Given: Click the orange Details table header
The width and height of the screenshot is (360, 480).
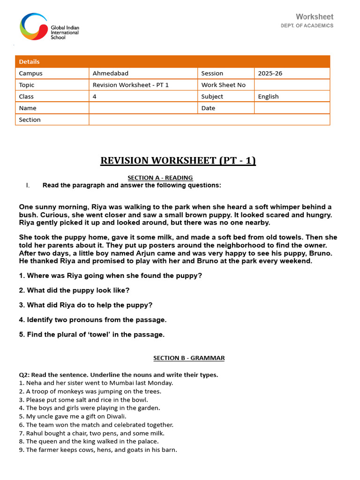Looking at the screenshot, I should [x=172, y=61].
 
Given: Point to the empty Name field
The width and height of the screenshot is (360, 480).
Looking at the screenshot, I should [x=143, y=108].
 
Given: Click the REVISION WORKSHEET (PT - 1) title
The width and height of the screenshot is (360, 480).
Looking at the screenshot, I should [x=178, y=161].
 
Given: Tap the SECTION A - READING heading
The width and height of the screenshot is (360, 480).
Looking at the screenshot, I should [x=160, y=178].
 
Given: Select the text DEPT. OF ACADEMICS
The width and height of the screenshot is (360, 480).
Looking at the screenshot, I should [x=307, y=25].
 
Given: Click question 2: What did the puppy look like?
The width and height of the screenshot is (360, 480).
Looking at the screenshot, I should [x=74, y=290].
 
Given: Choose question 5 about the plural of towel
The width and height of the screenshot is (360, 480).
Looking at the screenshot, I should [x=92, y=335].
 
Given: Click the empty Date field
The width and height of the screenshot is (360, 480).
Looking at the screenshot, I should [x=292, y=108].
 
